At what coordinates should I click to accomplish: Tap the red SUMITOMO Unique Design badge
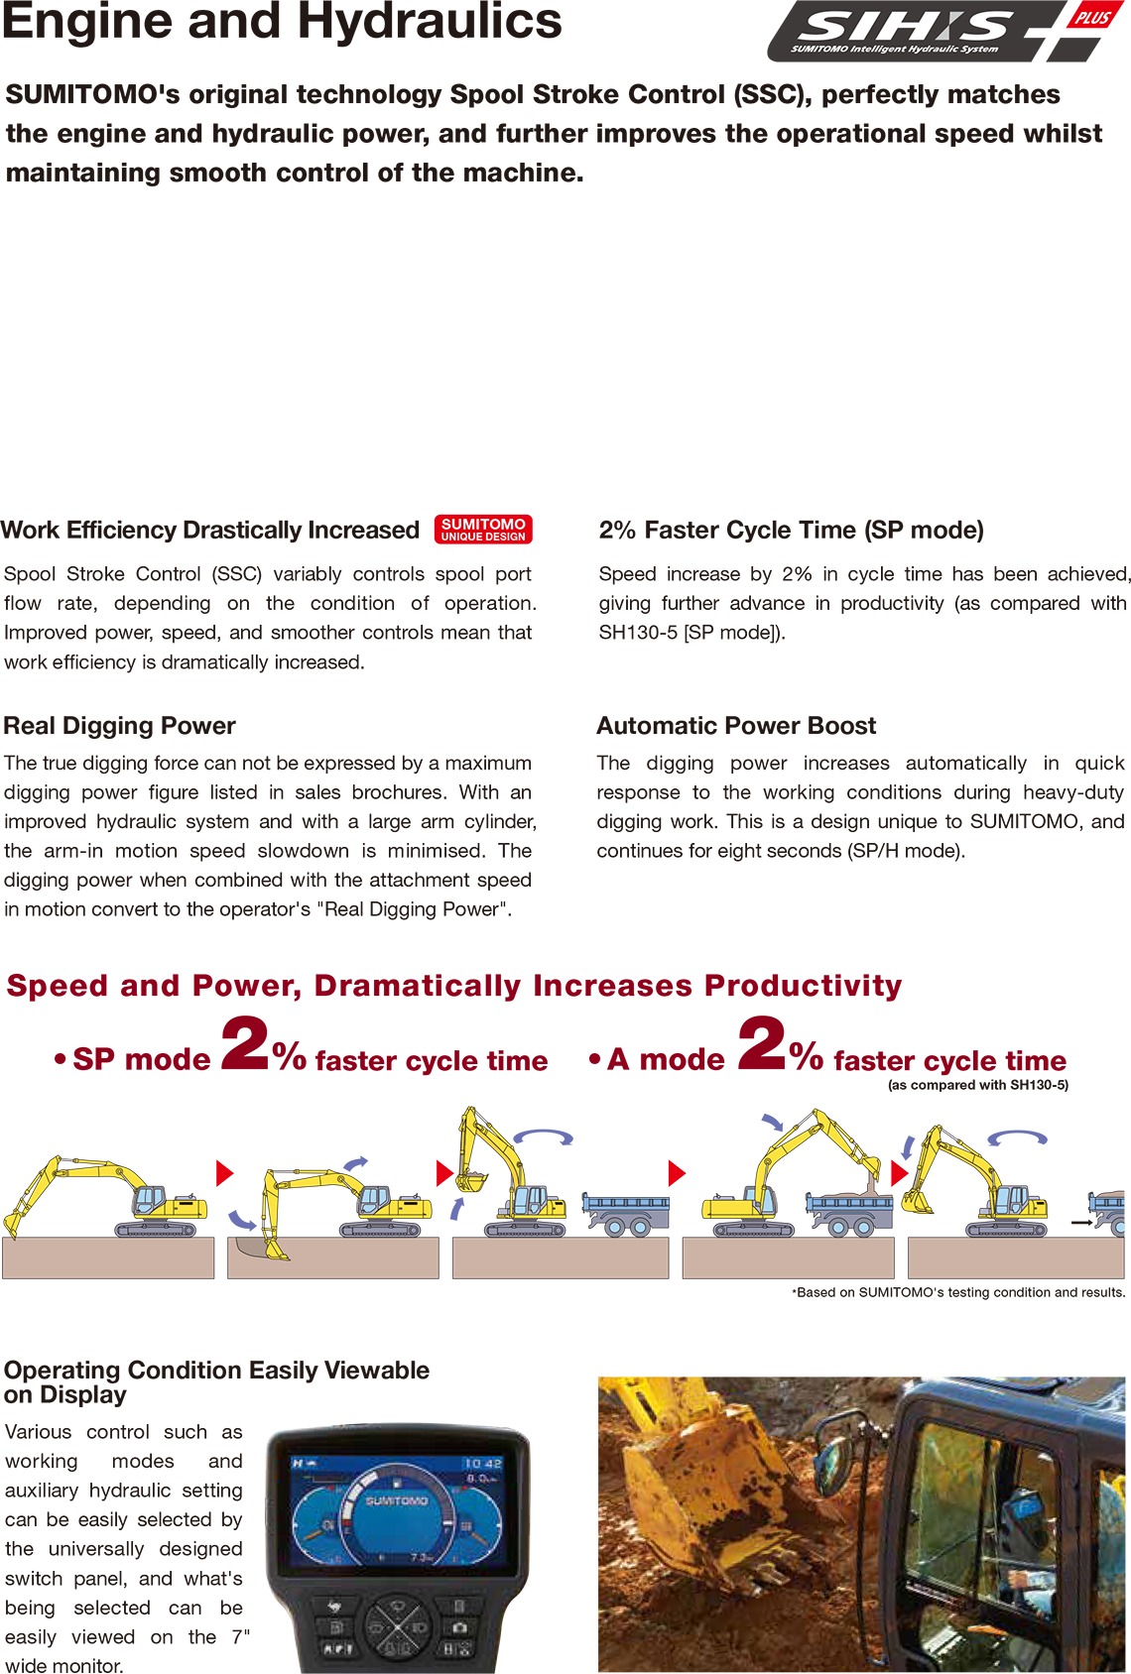click(x=483, y=530)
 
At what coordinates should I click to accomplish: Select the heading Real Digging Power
click(x=120, y=726)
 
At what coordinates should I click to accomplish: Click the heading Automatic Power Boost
click(x=736, y=726)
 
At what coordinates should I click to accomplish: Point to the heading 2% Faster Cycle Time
click(x=791, y=531)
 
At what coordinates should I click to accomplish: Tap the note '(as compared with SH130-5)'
click(x=977, y=1085)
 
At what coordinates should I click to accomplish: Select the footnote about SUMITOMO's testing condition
click(x=958, y=1292)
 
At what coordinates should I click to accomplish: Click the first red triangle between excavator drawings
click(x=224, y=1173)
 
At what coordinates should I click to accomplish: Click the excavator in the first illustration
click(x=109, y=1195)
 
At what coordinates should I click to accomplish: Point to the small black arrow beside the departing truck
click(x=1081, y=1223)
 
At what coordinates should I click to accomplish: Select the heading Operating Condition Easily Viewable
click(x=216, y=1381)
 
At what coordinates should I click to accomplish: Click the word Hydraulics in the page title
click(x=430, y=22)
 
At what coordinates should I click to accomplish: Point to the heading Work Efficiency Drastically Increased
click(x=210, y=531)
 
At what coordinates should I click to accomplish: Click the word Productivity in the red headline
click(x=803, y=986)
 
